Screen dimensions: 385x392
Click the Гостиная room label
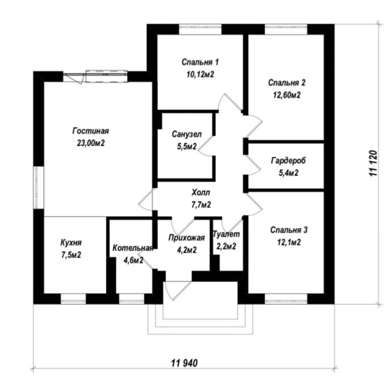click(91, 131)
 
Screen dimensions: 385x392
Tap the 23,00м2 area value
click(91, 143)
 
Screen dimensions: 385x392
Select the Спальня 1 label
click(200, 62)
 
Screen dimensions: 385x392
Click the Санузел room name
click(187, 134)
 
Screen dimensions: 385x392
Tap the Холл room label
click(201, 193)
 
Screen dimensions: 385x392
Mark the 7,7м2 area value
click(201, 205)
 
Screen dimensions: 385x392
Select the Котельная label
click(133, 248)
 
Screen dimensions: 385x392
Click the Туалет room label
click(226, 234)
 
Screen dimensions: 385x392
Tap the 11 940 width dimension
click(184, 363)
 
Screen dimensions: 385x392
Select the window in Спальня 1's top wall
click(200, 29)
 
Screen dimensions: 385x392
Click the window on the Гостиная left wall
click(38, 187)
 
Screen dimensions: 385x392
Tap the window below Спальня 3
click(286, 299)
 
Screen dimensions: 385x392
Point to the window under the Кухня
click(73, 299)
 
